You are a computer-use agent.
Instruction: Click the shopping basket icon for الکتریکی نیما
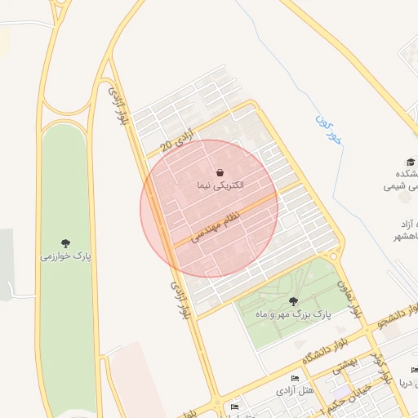click(220, 173)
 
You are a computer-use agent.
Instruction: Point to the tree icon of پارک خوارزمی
click(65, 242)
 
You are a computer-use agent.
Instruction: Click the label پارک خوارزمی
click(65, 256)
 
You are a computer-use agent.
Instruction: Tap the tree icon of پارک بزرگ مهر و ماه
click(293, 301)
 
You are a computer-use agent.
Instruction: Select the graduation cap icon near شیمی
click(409, 162)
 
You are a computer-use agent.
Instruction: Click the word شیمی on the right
click(401, 187)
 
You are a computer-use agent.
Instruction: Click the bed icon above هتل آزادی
click(296, 379)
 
